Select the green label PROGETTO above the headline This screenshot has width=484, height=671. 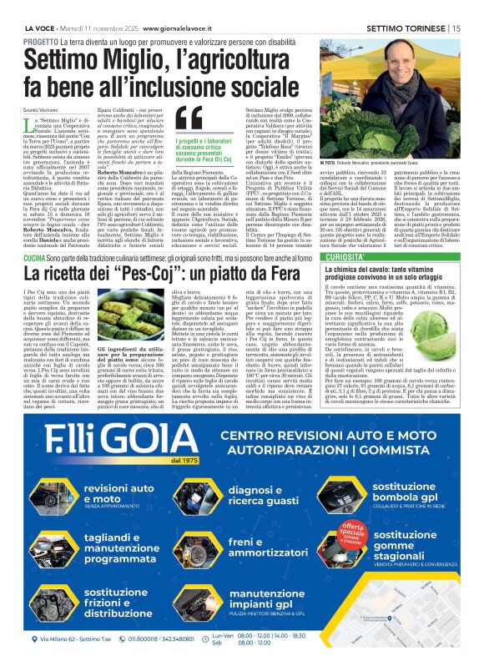tap(40, 41)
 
